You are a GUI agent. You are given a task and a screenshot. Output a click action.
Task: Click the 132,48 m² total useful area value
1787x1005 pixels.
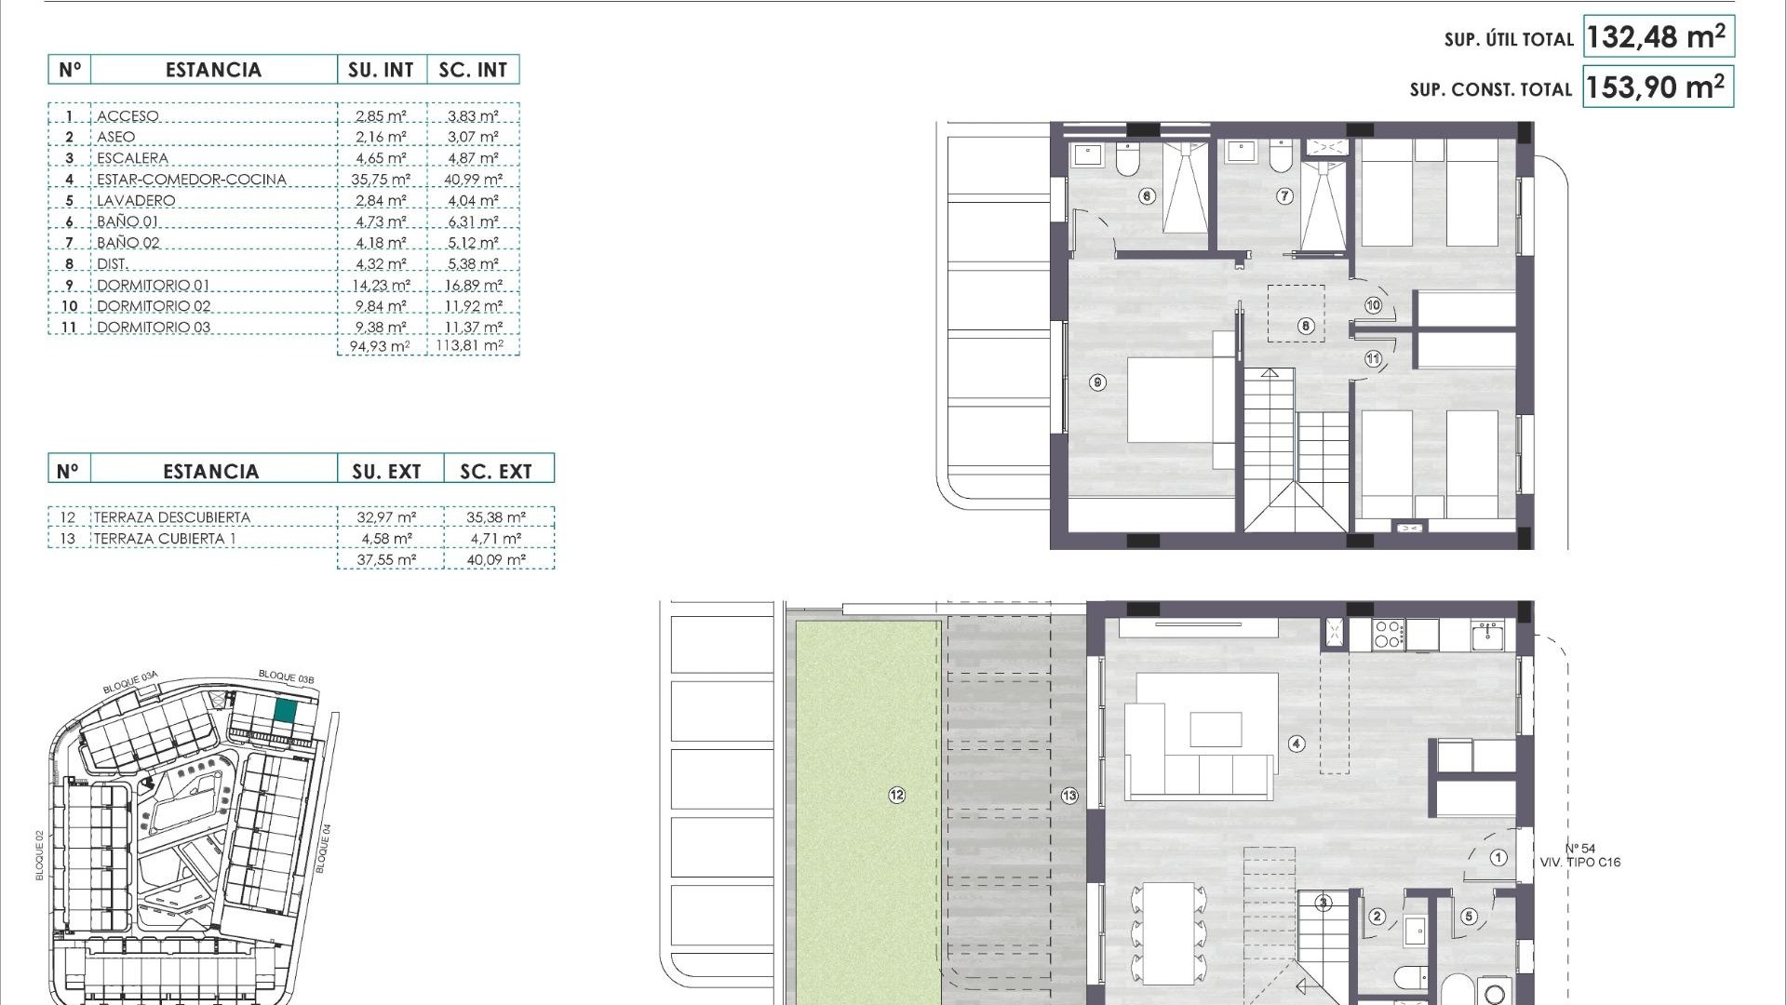pyautogui.click(x=1658, y=37)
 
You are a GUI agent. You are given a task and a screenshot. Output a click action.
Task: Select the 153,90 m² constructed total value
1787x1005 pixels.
pyautogui.click(x=1658, y=87)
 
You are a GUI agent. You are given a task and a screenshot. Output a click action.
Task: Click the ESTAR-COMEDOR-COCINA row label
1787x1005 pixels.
pyautogui.click(x=191, y=180)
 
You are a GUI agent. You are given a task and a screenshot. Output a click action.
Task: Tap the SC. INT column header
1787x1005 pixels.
pyautogui.click(x=473, y=70)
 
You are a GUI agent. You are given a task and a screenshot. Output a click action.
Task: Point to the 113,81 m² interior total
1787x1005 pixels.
pyautogui.click(x=470, y=346)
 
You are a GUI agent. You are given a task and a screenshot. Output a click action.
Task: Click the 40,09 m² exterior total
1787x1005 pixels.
pyautogui.click(x=496, y=560)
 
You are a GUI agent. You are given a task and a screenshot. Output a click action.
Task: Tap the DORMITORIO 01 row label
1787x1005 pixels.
pyautogui.click(x=153, y=286)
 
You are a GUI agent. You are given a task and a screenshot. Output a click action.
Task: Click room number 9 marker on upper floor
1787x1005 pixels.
pyautogui.click(x=1098, y=382)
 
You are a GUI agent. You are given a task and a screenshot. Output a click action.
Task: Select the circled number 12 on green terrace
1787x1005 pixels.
pyautogui.click(x=896, y=795)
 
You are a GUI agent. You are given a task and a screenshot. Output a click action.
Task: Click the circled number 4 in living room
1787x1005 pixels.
pyautogui.click(x=1297, y=744)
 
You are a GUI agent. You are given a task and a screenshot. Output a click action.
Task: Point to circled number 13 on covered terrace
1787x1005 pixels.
pyautogui.click(x=1069, y=795)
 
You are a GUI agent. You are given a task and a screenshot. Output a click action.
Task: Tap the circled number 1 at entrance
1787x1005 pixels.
pyautogui.click(x=1498, y=858)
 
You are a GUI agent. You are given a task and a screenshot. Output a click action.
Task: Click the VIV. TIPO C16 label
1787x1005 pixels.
pyautogui.click(x=1579, y=863)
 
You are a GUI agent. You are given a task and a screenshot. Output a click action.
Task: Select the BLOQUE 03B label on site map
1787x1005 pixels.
pyautogui.click(x=286, y=677)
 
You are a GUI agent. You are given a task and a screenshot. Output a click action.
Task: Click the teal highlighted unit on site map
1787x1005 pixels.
pyautogui.click(x=286, y=711)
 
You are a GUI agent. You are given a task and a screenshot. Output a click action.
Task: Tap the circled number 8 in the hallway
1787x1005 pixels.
pyautogui.click(x=1306, y=326)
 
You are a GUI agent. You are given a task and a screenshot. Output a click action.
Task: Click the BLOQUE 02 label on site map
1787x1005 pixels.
pyautogui.click(x=40, y=855)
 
